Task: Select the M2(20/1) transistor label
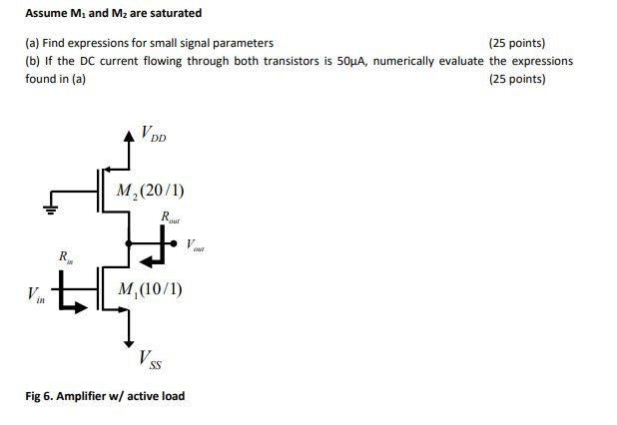[x=149, y=191]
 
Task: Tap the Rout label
[x=170, y=218]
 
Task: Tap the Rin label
[x=65, y=257]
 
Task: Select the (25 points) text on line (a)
[x=517, y=43]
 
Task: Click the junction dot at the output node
[x=128, y=240]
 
